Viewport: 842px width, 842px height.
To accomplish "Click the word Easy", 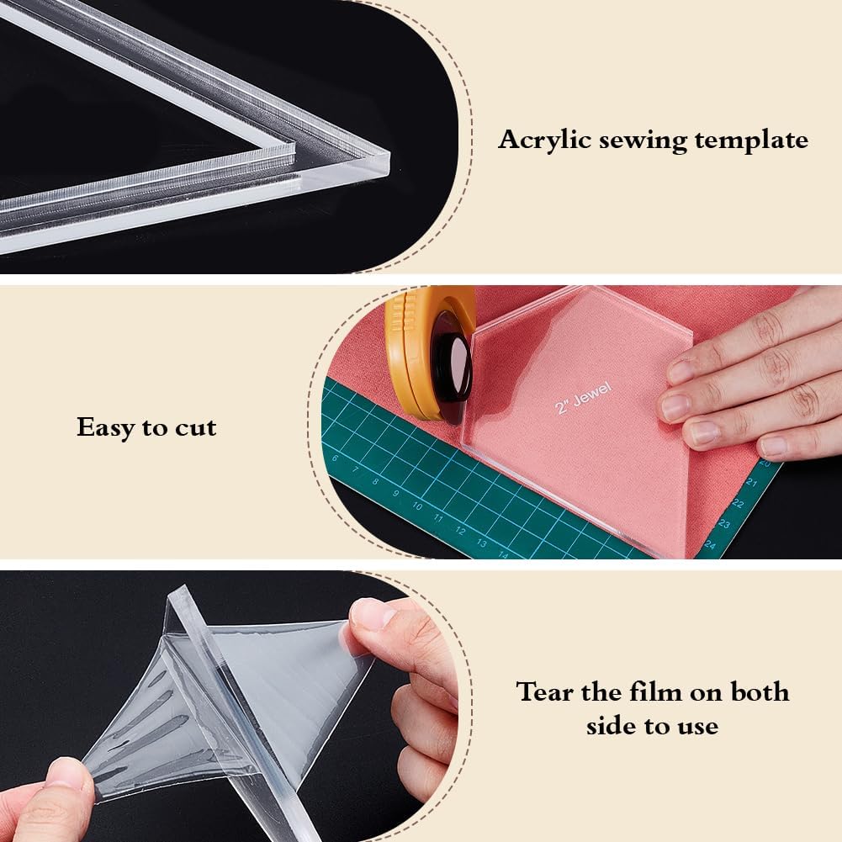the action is pos(106,428).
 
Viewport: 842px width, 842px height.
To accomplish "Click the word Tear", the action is pos(543,691).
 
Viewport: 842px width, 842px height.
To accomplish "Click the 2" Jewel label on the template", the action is pos(583,398).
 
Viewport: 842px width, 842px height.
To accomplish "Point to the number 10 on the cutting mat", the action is pos(417,506).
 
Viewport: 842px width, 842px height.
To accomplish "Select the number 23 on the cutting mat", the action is pos(724,523).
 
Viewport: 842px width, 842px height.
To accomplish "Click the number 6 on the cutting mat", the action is pos(335,458).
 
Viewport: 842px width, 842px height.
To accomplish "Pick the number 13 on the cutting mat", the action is pos(482,543).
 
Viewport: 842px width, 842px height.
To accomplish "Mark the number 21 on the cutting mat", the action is pos(752,483).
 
